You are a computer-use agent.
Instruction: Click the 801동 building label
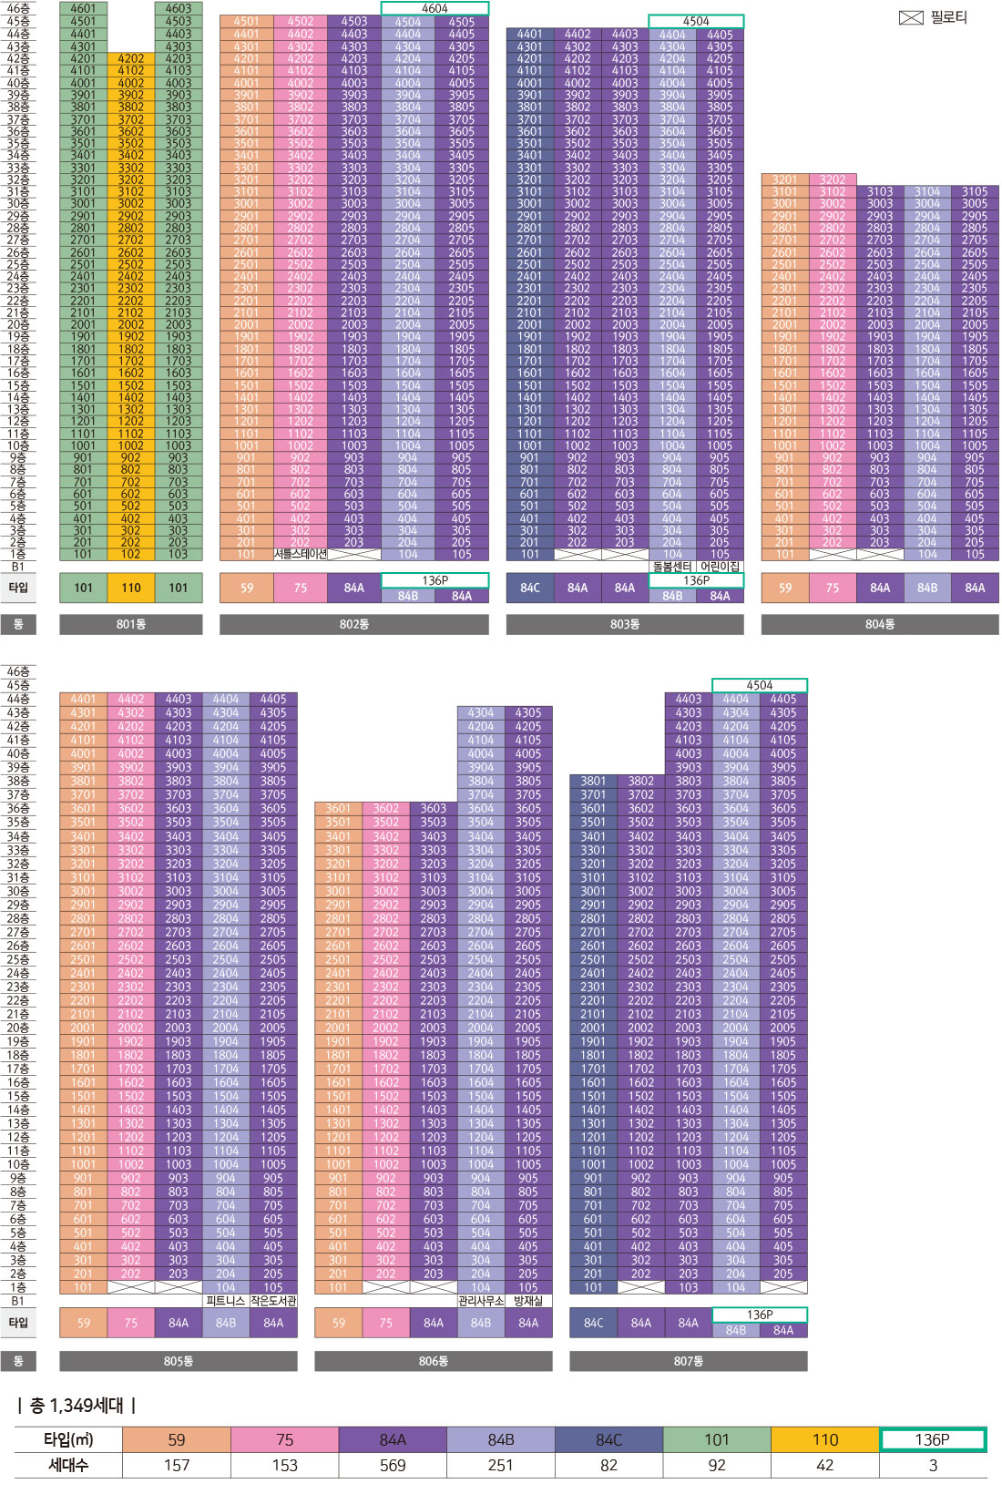point(131,624)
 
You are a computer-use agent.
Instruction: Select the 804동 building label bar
point(879,624)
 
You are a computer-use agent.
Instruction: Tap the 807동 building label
point(688,1361)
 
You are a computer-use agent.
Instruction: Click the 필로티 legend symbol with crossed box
point(911,17)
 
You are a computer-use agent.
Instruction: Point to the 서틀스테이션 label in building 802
point(300,554)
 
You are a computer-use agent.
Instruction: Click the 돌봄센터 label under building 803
point(672,567)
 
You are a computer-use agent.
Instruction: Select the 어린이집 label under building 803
point(720,567)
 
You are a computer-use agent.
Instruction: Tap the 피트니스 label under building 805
point(226,1301)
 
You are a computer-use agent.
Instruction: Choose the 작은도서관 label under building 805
point(273,1301)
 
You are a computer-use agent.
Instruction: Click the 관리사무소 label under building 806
point(481,1301)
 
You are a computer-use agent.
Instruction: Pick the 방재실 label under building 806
point(528,1301)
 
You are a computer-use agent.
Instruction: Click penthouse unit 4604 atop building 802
point(435,8)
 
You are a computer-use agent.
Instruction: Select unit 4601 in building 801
point(83,8)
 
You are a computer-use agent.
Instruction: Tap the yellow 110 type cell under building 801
point(131,588)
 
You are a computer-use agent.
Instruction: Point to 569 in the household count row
point(393,1465)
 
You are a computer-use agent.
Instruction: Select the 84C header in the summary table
point(608,1439)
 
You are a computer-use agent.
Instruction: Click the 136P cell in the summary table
point(932,1439)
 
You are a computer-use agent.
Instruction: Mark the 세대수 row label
point(68,1465)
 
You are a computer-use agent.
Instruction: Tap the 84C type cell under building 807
point(593,1323)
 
